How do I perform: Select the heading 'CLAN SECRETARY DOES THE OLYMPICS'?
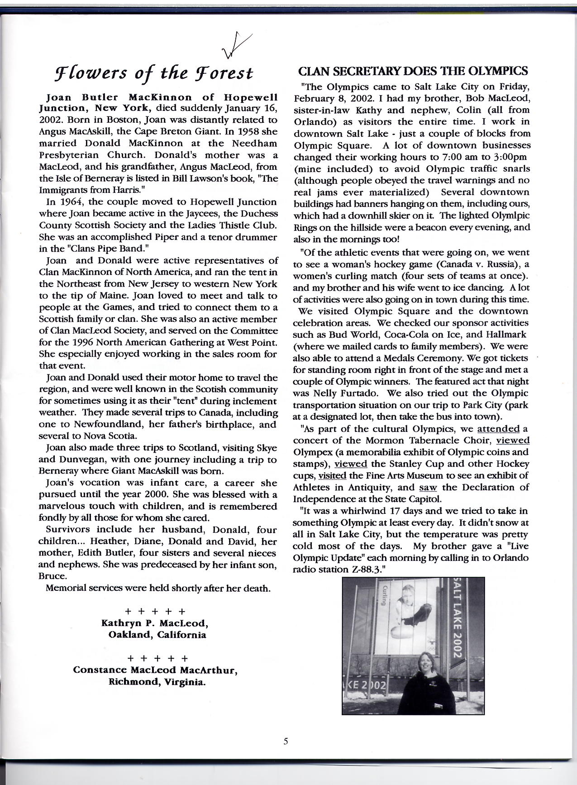click(x=413, y=71)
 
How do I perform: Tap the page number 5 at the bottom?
click(x=286, y=741)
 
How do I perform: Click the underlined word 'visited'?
click(x=332, y=476)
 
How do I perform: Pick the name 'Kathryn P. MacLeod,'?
click(x=155, y=623)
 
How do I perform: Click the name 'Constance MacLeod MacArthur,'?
click(x=156, y=670)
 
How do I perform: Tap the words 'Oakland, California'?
click(x=157, y=635)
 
